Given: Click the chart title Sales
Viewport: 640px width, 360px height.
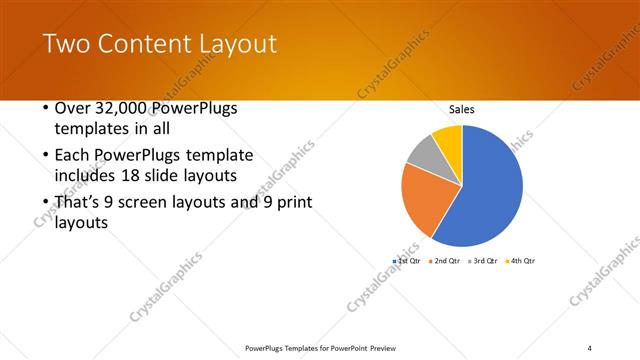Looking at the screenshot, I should [461, 110].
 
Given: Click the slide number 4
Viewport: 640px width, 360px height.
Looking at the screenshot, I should [590, 347].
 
